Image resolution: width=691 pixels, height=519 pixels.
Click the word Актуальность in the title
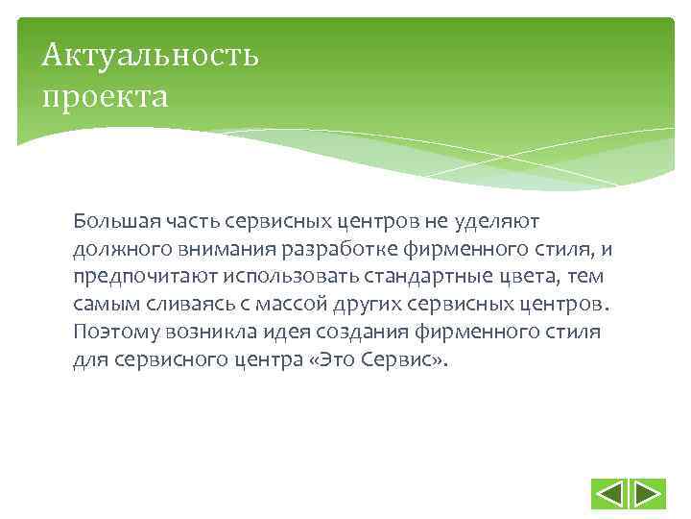150,55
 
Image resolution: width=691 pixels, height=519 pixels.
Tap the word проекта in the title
105,96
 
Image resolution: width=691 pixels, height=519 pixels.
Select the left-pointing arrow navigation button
610,494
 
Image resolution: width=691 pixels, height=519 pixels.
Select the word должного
113,250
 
